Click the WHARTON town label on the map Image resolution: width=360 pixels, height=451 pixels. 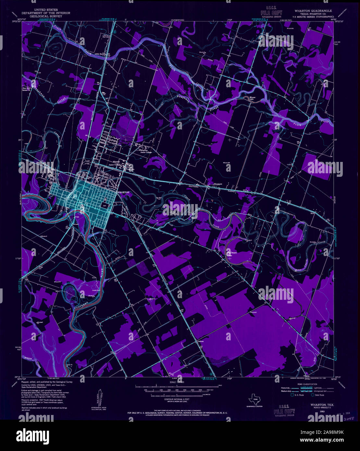[x=123, y=192]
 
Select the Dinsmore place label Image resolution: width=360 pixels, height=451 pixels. [x=217, y=184]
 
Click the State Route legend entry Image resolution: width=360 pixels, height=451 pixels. [x=318, y=395]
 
